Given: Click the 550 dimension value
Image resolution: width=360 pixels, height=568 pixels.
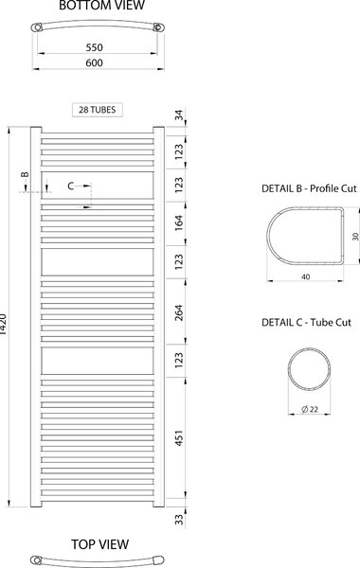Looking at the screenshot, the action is (94, 47).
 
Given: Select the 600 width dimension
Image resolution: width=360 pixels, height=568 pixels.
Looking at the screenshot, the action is (94, 62).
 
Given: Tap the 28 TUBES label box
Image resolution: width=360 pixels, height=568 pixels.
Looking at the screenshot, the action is (98, 110).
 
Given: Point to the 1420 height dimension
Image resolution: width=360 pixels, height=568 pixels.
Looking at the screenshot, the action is (3, 324).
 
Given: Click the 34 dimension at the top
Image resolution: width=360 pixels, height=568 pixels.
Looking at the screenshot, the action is (179, 115).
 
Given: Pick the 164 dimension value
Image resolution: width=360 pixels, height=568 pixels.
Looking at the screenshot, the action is (179, 223).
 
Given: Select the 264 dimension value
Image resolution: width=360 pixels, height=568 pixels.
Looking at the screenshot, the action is (179, 313).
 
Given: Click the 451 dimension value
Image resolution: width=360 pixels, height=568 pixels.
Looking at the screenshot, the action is (179, 437).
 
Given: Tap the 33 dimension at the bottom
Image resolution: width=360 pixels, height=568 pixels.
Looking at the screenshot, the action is (179, 520).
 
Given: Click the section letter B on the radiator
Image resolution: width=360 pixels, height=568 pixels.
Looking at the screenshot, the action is (25, 174).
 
